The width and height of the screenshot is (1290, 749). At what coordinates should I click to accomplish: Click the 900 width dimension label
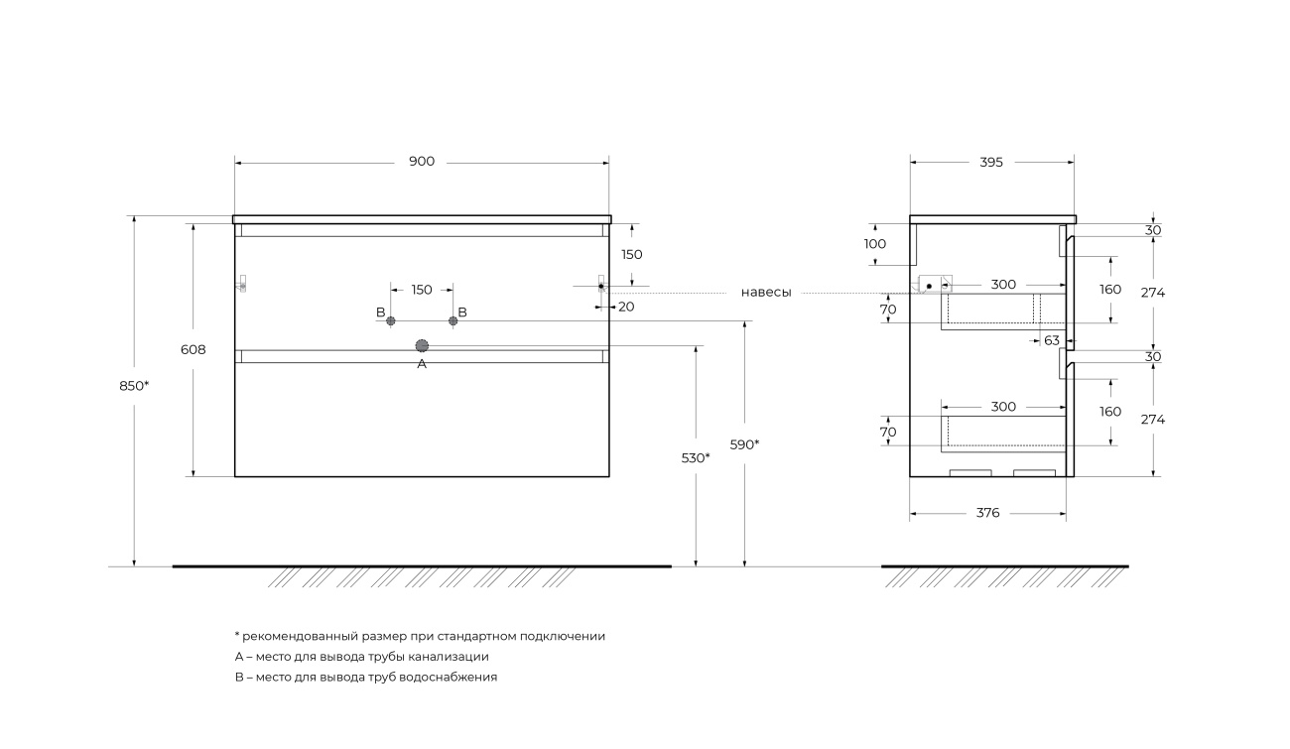click(422, 162)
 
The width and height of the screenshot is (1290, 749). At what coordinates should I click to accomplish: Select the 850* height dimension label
click(134, 386)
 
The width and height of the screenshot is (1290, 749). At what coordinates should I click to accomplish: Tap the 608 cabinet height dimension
click(193, 349)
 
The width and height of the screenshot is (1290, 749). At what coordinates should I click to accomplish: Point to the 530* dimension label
click(696, 458)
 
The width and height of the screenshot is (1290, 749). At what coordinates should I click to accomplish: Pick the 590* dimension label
click(744, 445)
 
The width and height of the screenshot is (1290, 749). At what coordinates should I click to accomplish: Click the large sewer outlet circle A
click(422, 345)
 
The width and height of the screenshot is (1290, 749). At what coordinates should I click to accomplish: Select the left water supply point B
click(391, 320)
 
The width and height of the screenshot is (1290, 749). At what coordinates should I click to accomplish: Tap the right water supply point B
click(453, 320)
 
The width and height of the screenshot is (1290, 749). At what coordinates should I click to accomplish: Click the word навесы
click(766, 293)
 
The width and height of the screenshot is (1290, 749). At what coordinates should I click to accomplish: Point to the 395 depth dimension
click(991, 163)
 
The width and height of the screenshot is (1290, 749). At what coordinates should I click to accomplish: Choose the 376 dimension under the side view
click(987, 513)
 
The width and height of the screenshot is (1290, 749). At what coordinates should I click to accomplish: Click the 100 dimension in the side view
click(875, 244)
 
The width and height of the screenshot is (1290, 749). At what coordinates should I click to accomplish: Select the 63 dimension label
click(1052, 341)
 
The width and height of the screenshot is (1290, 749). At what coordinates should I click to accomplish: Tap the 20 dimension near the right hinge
click(626, 307)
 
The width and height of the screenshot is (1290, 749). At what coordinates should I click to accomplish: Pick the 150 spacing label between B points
click(422, 290)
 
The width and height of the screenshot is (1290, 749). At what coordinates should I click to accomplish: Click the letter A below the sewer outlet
click(422, 364)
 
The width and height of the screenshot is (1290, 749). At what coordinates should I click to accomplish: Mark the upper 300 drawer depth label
click(1003, 285)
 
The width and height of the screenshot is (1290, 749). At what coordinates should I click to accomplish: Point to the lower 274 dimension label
click(1153, 420)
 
